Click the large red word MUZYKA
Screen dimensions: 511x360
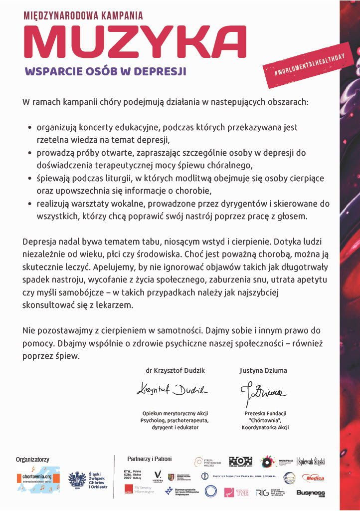tap(135, 42)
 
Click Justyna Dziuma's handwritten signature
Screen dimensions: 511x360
tap(262, 390)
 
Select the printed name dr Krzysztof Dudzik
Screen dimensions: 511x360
tap(175, 371)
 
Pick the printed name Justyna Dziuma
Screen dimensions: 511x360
tap(263, 371)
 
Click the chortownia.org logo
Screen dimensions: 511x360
tap(37, 480)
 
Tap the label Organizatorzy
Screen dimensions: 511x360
tap(32, 459)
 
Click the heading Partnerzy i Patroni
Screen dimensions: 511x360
tap(149, 459)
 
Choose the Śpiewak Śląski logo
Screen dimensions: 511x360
tap(311, 462)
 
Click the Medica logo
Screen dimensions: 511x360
tap(313, 478)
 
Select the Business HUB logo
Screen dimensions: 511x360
tap(311, 493)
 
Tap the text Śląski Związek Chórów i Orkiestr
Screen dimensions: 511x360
tap(98, 480)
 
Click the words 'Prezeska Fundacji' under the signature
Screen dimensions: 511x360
tap(265, 414)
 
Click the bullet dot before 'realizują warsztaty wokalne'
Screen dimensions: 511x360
tap(30, 204)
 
